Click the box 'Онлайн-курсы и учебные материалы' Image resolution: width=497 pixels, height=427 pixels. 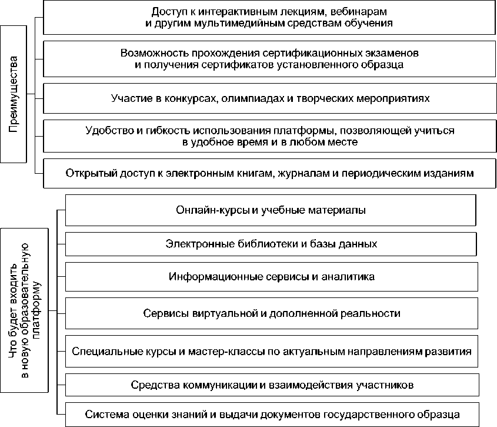click(x=270, y=210)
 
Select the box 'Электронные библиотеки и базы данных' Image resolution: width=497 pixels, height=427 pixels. click(x=270, y=243)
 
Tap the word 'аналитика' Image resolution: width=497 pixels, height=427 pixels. click(x=344, y=276)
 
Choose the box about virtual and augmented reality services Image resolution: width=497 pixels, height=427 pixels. click(x=270, y=313)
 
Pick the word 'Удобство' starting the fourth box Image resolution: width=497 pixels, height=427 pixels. click(x=104, y=130)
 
